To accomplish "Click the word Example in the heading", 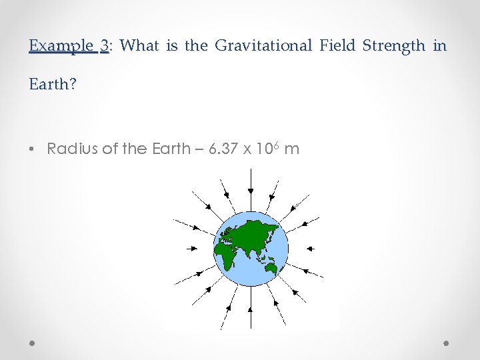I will [62, 46].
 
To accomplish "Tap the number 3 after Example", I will [104, 46].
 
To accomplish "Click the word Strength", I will [393, 46].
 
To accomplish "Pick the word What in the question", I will [139, 46].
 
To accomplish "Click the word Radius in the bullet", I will [72, 149].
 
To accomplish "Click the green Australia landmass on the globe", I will [270, 268].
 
